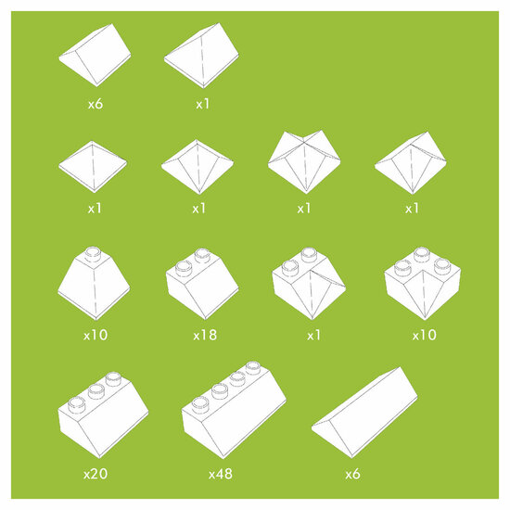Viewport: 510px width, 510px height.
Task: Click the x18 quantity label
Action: [x=205, y=335]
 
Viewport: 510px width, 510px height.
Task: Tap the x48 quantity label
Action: [x=221, y=474]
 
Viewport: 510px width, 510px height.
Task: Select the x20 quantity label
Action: [x=96, y=474]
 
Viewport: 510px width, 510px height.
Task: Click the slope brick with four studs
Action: [x=234, y=411]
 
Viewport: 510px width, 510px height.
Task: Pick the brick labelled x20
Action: [x=103, y=414]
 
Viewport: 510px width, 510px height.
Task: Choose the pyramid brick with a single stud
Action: [x=94, y=284]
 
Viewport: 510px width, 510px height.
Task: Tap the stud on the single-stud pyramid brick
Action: [x=93, y=254]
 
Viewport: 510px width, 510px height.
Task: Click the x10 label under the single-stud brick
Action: [x=96, y=335]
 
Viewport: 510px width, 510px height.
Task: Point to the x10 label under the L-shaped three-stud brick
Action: [x=424, y=335]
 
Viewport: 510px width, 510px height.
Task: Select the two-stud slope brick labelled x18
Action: [x=202, y=284]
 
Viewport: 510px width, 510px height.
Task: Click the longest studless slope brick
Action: [x=364, y=413]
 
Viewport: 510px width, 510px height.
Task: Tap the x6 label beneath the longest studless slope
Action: [x=352, y=474]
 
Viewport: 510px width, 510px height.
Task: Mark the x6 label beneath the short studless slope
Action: [x=96, y=104]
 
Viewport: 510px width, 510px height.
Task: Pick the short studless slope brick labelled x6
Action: [x=95, y=55]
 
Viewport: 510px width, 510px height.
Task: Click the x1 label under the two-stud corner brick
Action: [x=313, y=335]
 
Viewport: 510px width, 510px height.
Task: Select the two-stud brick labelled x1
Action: [x=309, y=284]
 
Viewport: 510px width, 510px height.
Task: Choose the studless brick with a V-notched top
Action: [x=304, y=162]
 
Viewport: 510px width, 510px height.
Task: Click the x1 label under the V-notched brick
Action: [x=304, y=209]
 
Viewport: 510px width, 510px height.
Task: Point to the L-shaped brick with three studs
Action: [x=423, y=284]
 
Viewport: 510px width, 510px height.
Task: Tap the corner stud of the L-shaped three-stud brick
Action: [x=422, y=254]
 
